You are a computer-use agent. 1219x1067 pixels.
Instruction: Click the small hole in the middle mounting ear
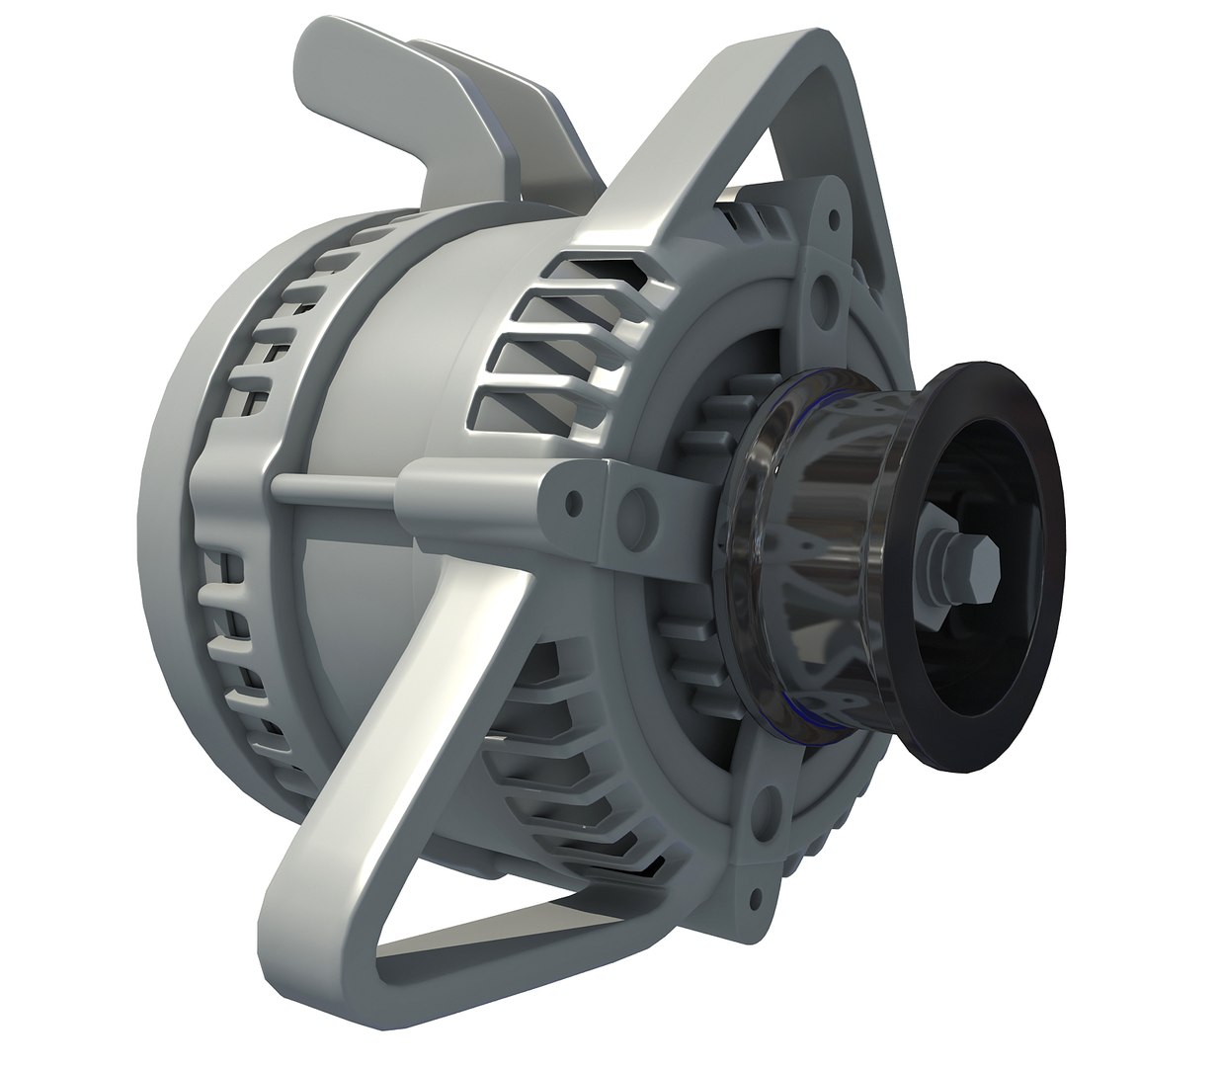click(x=571, y=506)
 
